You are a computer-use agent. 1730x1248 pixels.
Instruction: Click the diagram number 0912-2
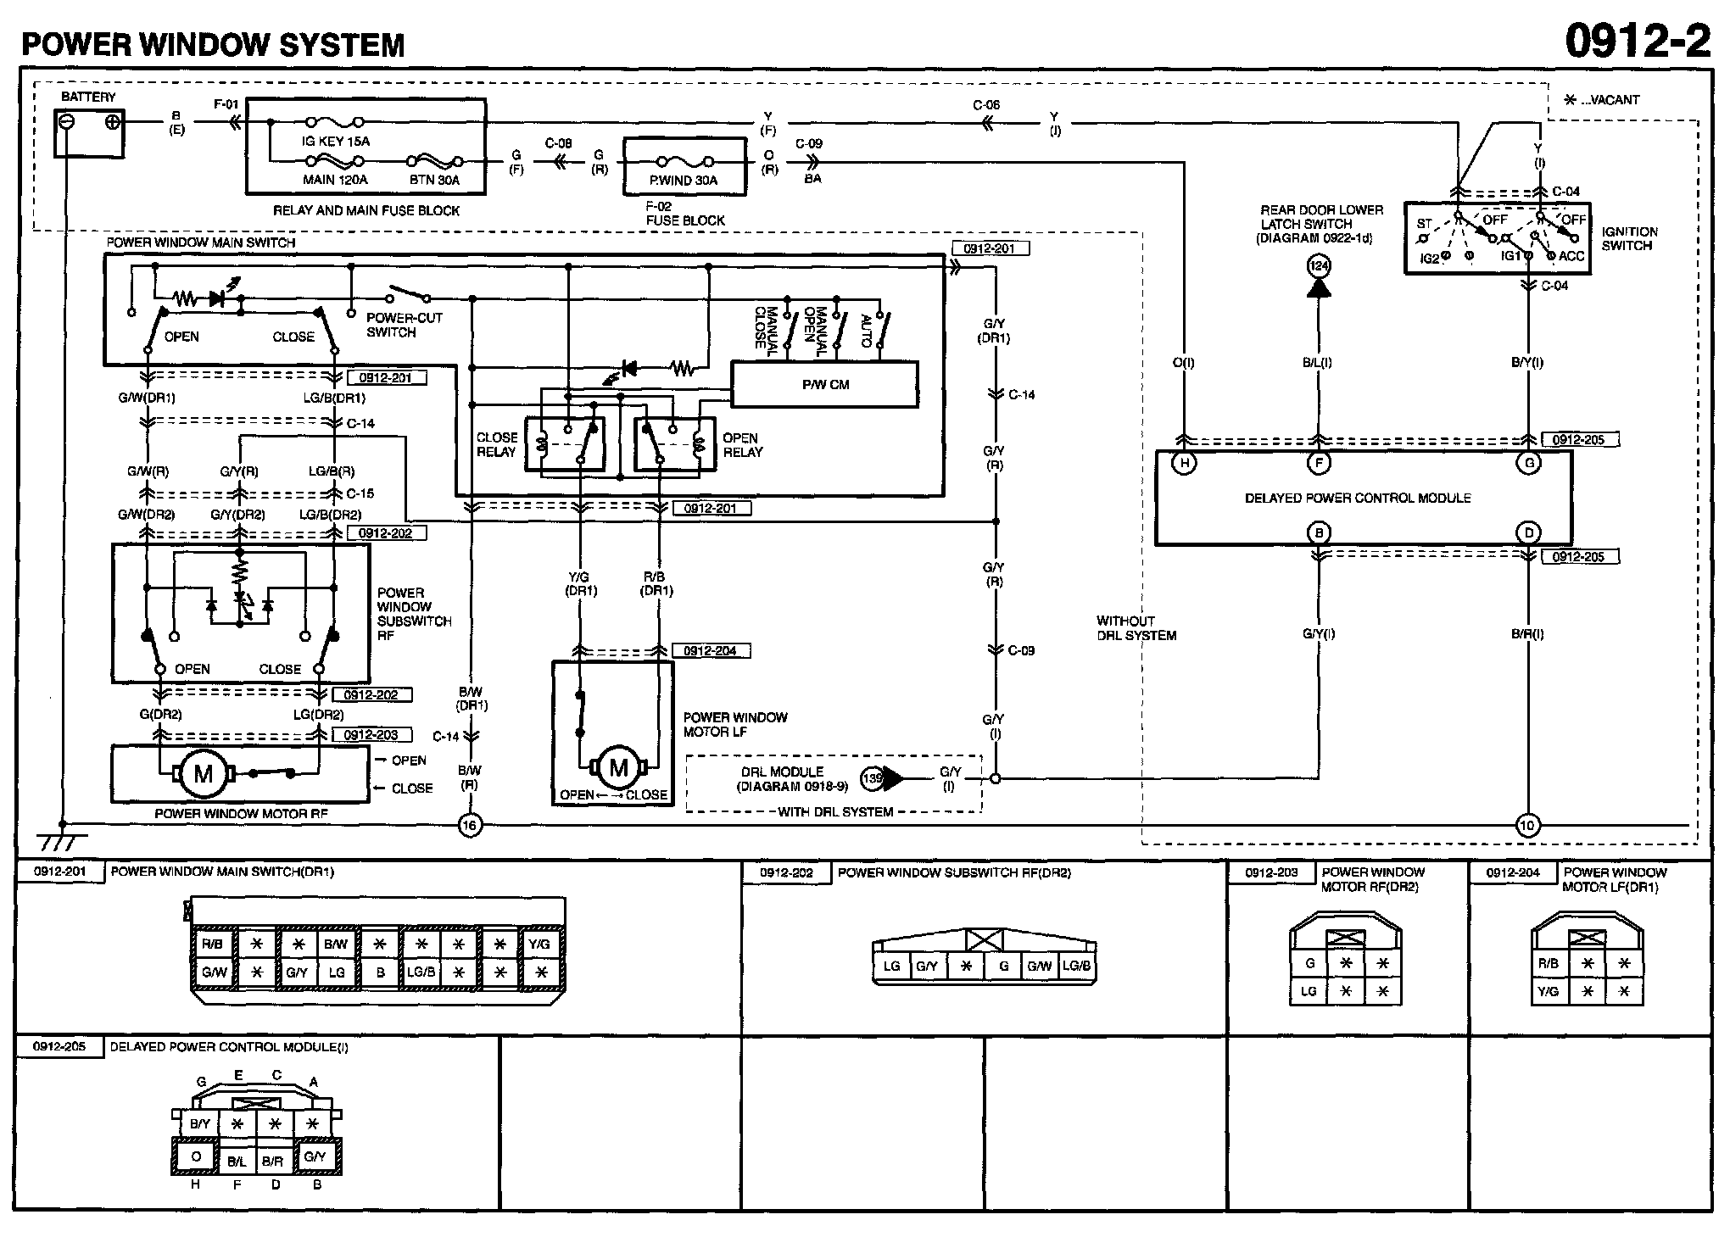click(1637, 40)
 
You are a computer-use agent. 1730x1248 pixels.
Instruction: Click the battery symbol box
click(89, 133)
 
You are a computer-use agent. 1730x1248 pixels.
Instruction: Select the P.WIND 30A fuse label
click(684, 180)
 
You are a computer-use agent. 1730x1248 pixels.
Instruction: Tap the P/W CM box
click(825, 384)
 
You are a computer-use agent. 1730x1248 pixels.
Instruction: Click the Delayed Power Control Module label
click(1358, 498)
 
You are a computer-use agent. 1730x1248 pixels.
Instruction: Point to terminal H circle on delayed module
click(1184, 463)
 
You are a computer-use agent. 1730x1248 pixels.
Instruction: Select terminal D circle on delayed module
click(1528, 532)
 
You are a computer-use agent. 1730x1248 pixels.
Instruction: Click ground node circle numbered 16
click(470, 825)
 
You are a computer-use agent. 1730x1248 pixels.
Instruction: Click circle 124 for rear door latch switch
click(1319, 266)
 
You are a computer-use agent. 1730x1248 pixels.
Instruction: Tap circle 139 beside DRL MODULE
click(872, 778)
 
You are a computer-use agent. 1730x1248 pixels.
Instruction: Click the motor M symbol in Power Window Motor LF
click(618, 768)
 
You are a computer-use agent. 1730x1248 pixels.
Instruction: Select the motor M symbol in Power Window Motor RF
click(204, 774)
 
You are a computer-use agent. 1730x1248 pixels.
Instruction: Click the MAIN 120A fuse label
click(335, 180)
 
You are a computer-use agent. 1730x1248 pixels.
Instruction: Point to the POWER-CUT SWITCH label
click(404, 325)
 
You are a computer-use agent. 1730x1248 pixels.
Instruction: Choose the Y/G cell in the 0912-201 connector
click(539, 944)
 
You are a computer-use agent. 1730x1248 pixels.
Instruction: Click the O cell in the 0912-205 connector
click(196, 1156)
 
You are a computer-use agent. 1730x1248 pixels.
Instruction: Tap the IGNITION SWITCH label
click(1629, 238)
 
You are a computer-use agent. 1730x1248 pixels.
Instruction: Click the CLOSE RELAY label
click(496, 444)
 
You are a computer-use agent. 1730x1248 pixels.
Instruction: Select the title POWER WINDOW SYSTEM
click(213, 44)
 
